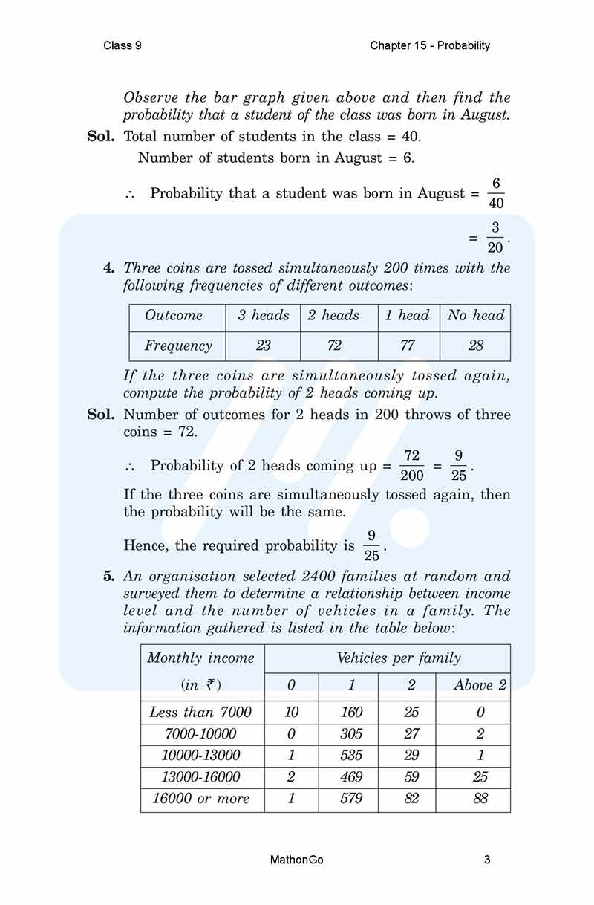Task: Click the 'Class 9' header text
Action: (123, 45)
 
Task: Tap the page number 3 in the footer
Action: (486, 860)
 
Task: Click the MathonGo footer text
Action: (297, 860)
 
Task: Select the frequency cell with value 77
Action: (408, 346)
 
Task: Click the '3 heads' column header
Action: (263, 315)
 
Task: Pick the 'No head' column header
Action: (475, 315)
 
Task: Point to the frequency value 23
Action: (263, 346)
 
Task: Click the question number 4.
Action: (108, 268)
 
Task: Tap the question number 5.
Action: (108, 577)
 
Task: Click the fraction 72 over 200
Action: (412, 466)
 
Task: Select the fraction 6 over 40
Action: (496, 193)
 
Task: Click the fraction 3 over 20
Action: (495, 238)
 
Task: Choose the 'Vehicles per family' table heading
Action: (399, 658)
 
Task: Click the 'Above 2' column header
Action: (480, 685)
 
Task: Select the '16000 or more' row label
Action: (201, 799)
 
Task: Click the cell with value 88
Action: (480, 799)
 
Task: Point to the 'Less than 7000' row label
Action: (200, 712)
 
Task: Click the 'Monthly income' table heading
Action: (200, 658)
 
